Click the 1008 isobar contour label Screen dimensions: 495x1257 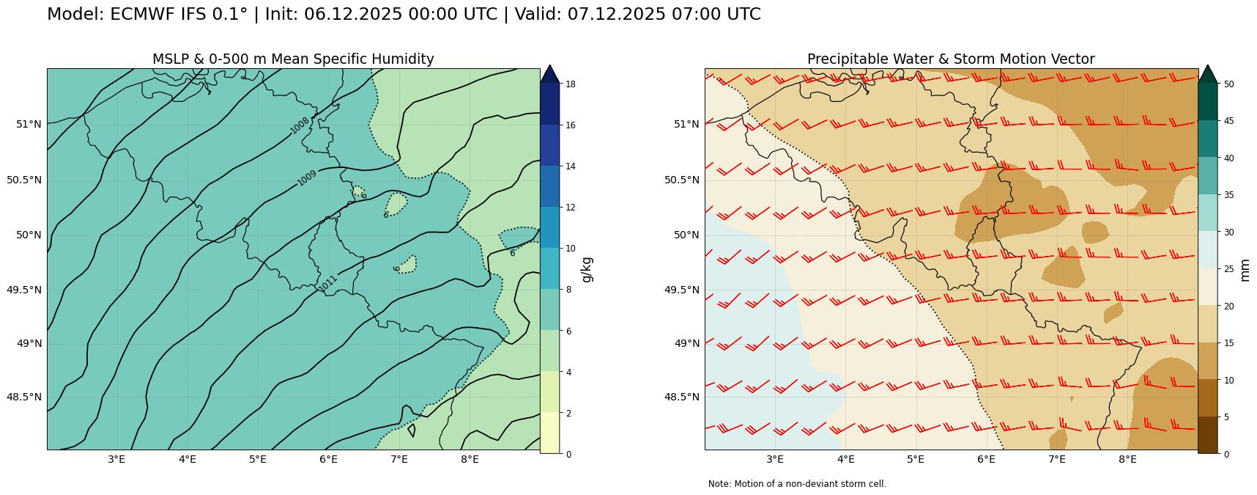300,125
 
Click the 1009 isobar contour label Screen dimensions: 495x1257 307,178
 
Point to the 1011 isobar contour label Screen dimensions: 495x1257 327,283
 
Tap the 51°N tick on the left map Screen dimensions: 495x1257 29,124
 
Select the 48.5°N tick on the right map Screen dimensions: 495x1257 682,397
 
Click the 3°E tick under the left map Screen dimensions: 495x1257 116,460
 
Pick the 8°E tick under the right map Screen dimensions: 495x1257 1127,460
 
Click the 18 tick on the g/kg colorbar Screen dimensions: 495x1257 570,84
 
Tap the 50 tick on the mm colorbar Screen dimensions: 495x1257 1228,84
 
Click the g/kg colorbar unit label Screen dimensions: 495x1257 587,269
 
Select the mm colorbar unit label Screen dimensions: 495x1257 1245,269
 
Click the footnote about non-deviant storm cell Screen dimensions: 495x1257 797,484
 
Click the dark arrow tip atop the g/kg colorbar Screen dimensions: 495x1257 549,73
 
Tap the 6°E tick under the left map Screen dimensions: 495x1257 328,460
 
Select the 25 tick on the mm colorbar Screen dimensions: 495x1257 1228,269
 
